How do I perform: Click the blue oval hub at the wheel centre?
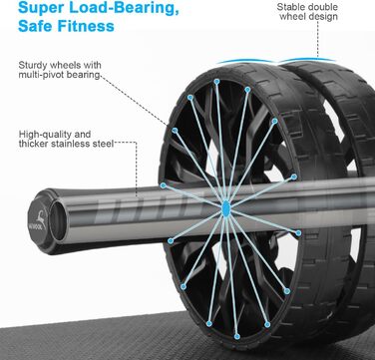(225, 207)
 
